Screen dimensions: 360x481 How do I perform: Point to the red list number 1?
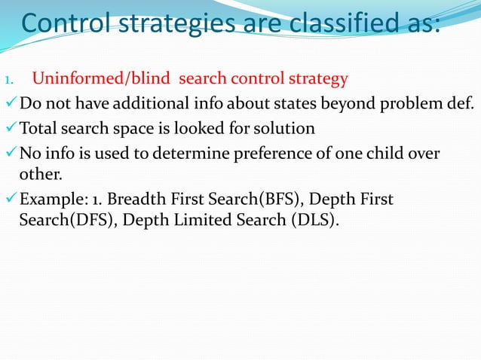click(9, 79)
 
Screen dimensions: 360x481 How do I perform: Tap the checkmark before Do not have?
click(9, 102)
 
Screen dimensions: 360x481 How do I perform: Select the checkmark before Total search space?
click(9, 128)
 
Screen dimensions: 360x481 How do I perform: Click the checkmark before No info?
click(9, 154)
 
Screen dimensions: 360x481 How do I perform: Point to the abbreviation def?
click(461, 103)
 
